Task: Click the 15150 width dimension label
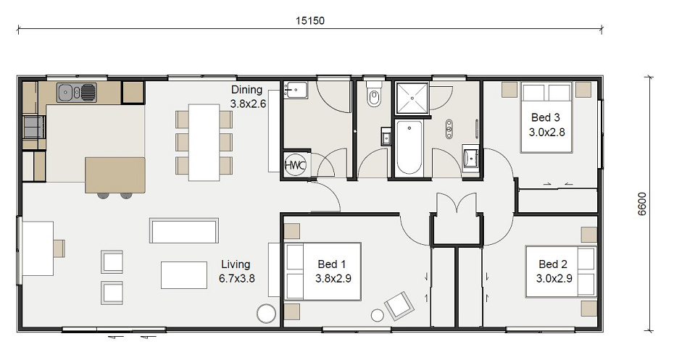click(310, 20)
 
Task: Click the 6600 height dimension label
click(641, 204)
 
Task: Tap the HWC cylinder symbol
click(295, 164)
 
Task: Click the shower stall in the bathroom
click(412, 99)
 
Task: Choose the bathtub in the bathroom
click(409, 147)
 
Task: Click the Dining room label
click(248, 96)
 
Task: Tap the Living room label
click(236, 271)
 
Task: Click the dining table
click(204, 142)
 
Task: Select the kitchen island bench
click(115, 175)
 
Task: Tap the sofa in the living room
click(184, 230)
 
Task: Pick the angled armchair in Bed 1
click(399, 306)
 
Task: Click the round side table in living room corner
click(266, 314)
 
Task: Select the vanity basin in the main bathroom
click(471, 159)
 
